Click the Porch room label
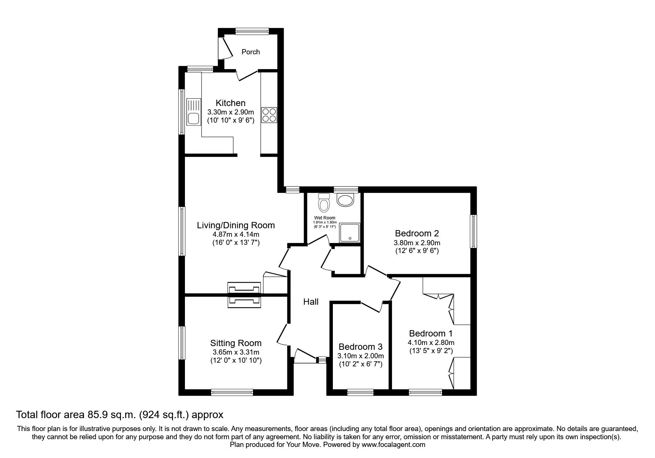click(x=250, y=52)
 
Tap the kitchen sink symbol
click(x=193, y=112)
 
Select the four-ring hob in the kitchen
click(x=269, y=115)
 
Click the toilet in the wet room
click(x=324, y=202)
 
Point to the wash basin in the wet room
click(x=345, y=200)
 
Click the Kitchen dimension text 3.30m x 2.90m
click(x=230, y=112)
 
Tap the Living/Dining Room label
click(x=236, y=225)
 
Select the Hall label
click(x=311, y=302)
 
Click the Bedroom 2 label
click(x=417, y=233)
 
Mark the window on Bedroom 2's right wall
click(x=473, y=232)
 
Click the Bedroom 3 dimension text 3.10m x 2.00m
click(x=361, y=356)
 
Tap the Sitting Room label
click(x=236, y=343)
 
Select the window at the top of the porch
click(x=252, y=32)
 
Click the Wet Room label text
click(x=325, y=218)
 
